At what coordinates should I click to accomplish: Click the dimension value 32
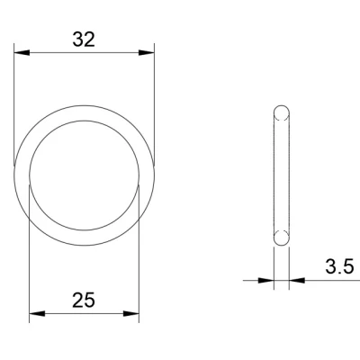[x=84, y=39]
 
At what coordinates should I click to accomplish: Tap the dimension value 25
[x=84, y=299]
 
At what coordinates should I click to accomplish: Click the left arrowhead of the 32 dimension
[x=21, y=53]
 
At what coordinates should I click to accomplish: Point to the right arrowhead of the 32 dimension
[x=148, y=53]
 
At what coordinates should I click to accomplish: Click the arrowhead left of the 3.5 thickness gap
[x=267, y=280]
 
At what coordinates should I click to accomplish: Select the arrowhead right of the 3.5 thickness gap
[x=295, y=280]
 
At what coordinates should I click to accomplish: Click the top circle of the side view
[x=282, y=112]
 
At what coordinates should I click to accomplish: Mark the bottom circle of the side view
[x=282, y=238]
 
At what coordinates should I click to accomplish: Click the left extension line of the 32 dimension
[x=15, y=108]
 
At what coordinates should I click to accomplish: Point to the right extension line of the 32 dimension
[x=154, y=108]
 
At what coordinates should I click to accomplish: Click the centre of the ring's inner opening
[x=85, y=175]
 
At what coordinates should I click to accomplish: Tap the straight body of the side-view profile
[x=282, y=175]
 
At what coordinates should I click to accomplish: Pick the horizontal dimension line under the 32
[x=84, y=53]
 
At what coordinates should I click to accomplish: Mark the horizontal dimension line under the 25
[x=85, y=314]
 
